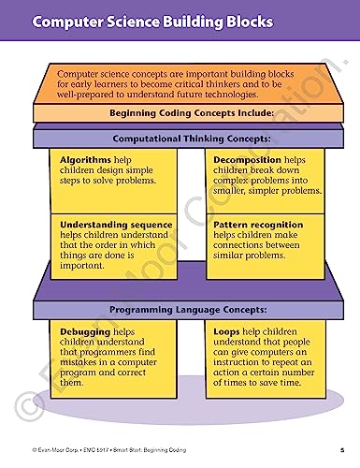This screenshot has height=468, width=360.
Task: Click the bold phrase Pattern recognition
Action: coord(258,226)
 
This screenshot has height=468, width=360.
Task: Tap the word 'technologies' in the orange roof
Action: coord(271,95)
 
